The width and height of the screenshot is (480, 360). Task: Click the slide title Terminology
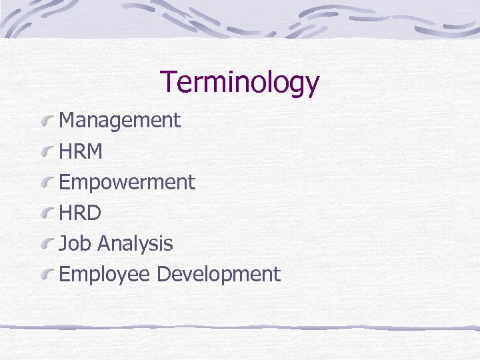pyautogui.click(x=240, y=83)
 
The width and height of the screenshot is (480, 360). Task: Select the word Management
pyautogui.click(x=120, y=121)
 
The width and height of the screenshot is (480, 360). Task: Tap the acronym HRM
pyautogui.click(x=81, y=152)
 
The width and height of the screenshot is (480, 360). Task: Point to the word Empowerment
pyautogui.click(x=127, y=182)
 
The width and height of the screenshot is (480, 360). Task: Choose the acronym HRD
pyautogui.click(x=80, y=213)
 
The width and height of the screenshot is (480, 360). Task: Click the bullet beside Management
pyautogui.click(x=47, y=121)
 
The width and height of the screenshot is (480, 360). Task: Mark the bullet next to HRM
pyautogui.click(x=47, y=152)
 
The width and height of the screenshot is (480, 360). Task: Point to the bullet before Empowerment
pyautogui.click(x=47, y=183)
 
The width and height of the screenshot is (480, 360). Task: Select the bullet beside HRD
pyautogui.click(x=47, y=213)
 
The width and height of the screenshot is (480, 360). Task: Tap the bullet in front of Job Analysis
pyautogui.click(x=47, y=244)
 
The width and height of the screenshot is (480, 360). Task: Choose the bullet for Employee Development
pyautogui.click(x=47, y=275)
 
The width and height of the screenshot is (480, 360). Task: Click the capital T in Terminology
pyautogui.click(x=169, y=82)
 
